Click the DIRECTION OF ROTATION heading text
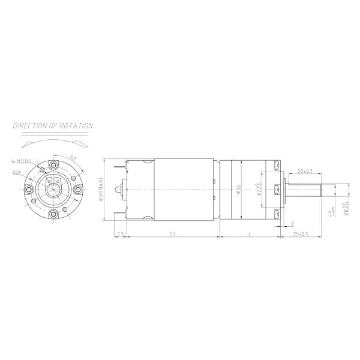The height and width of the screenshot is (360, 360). click(x=53, y=126)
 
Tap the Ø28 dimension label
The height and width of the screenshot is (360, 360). click(x=17, y=172)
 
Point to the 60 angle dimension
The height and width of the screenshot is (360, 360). click(x=73, y=157)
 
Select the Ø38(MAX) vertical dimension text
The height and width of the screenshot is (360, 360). click(x=103, y=190)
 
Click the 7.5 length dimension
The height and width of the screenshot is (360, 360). click(x=120, y=233)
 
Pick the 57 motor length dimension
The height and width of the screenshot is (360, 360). click(x=172, y=233)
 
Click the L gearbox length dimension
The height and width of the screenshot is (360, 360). click(x=250, y=233)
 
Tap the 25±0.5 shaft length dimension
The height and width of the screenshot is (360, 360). click(x=301, y=233)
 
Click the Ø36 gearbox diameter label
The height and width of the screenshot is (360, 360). click(x=239, y=190)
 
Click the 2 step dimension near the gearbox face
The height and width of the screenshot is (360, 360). click(x=292, y=223)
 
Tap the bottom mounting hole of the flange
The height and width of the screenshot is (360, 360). click(x=53, y=214)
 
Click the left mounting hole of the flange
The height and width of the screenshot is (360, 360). click(x=29, y=190)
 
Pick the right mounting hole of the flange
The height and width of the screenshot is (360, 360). click(x=78, y=190)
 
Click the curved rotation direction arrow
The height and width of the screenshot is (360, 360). click(x=53, y=143)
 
